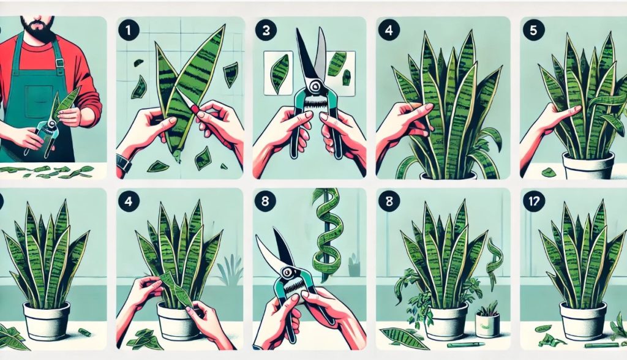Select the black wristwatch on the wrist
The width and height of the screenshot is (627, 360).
[122, 163]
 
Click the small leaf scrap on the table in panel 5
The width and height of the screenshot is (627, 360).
[549, 173]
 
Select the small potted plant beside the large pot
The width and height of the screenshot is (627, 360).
[487, 321]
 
